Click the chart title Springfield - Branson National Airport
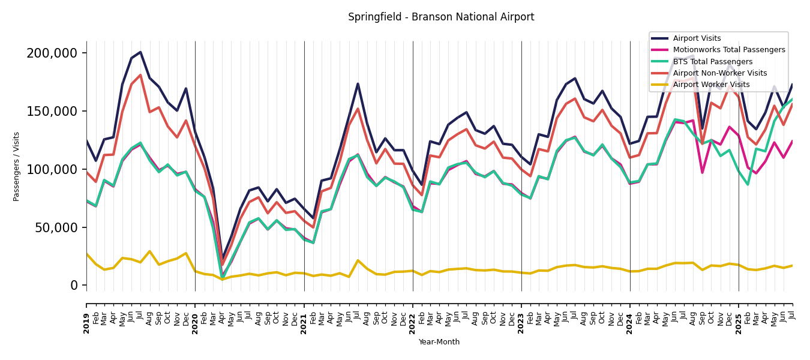pyautogui.click(x=441, y=17)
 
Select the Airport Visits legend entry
pyautogui.click(x=697, y=38)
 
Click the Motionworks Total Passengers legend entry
pyautogui.click(x=728, y=50)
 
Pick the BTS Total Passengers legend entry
pyautogui.click(x=712, y=62)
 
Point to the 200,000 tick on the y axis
pyautogui.click(x=52, y=53)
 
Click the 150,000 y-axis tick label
pyautogui.click(x=52, y=112)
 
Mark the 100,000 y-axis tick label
pyautogui.click(x=52, y=170)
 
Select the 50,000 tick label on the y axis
pyautogui.click(x=55, y=228)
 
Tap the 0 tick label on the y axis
pyautogui.click(x=74, y=286)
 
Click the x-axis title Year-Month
pyautogui.click(x=439, y=342)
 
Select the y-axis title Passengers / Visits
pyautogui.click(x=17, y=166)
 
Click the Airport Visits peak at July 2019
pyautogui.click(x=140, y=52)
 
